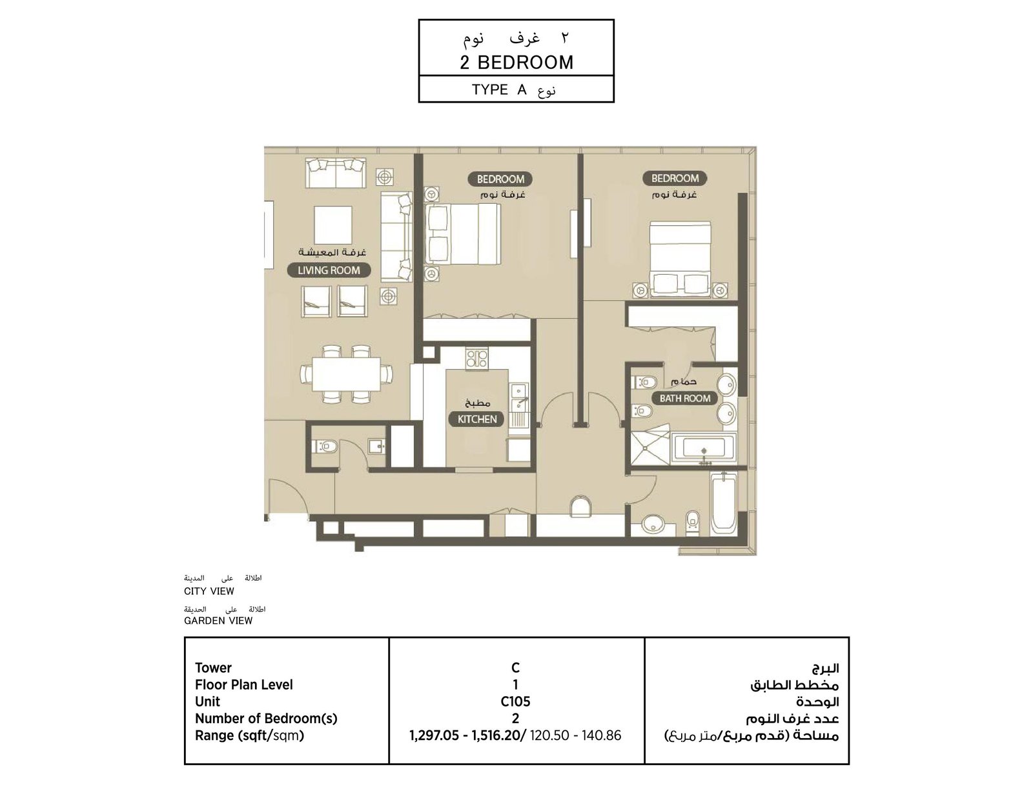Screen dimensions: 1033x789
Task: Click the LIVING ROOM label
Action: (329, 270)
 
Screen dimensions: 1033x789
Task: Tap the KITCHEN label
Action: (476, 419)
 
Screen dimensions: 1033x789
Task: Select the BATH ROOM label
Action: (685, 398)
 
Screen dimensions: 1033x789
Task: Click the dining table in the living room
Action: (346, 375)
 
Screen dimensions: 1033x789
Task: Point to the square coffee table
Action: (332, 225)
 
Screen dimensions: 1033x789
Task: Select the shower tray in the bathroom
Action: (649, 445)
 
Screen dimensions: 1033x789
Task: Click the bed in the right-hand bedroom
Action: (679, 259)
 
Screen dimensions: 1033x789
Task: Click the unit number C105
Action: (515, 701)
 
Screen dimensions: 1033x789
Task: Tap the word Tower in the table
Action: (213, 668)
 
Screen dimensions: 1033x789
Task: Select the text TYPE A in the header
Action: (499, 89)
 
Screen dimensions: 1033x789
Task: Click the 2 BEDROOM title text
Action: (516, 62)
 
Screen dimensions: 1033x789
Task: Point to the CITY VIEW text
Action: (209, 591)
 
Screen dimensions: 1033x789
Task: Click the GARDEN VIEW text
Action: (218, 621)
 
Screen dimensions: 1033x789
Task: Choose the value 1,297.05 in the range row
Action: (434, 735)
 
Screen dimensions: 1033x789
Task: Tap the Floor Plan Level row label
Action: (244, 684)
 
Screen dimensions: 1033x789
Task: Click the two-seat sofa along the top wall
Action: (335, 172)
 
